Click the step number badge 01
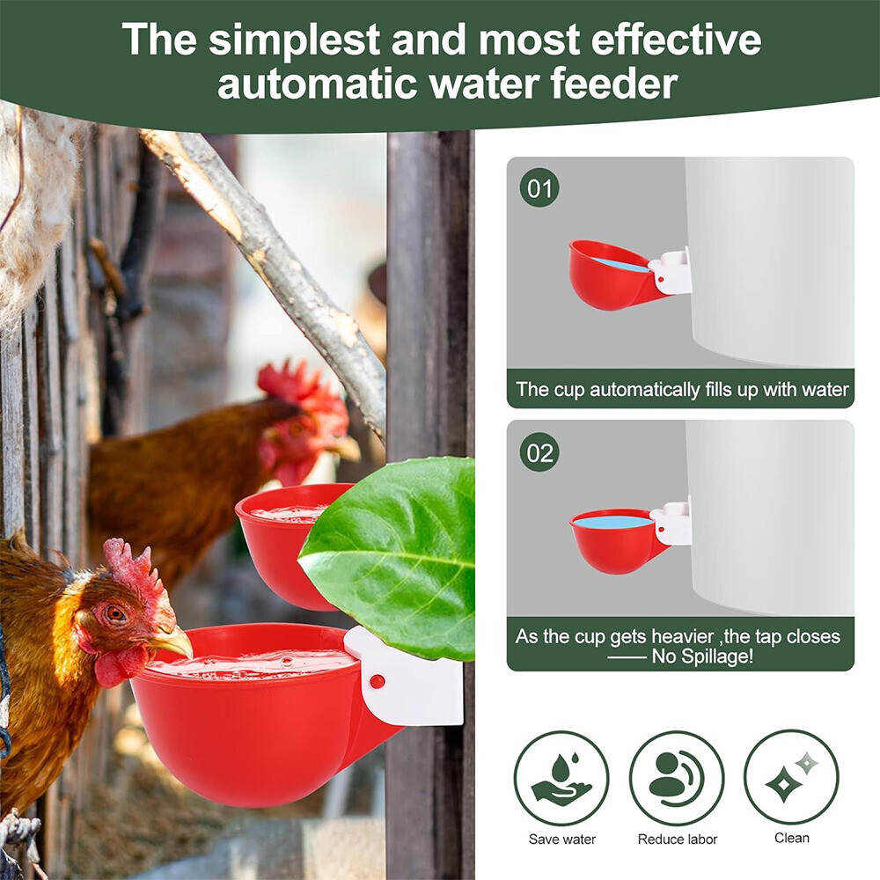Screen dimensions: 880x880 pos(539,188)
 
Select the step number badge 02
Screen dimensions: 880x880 pos(539,452)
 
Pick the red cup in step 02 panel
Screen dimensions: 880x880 pos(612,541)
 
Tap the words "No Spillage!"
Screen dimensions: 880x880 pos(701,656)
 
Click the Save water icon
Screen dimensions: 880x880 pos(561,777)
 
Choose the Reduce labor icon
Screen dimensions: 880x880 pos(677,777)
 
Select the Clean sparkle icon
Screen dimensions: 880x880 pos(791,777)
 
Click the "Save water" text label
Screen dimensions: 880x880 pos(561,840)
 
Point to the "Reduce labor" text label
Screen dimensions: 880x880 pos(677,840)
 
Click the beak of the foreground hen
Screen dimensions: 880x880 pos(172,642)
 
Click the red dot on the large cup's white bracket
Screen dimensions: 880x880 pos(378,681)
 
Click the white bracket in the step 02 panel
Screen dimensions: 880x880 pos(673,524)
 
